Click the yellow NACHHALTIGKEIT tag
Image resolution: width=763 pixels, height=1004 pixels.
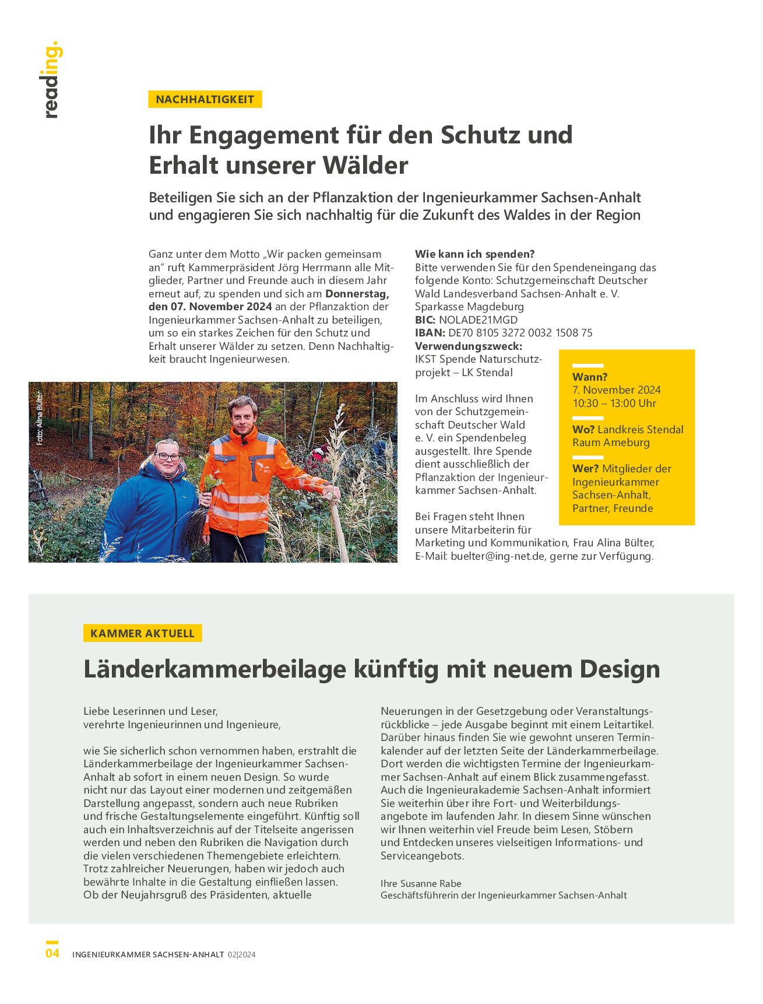[205, 99]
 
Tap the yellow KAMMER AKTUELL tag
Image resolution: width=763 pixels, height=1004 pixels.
[142, 633]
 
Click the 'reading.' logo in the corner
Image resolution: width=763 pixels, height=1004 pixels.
[51, 80]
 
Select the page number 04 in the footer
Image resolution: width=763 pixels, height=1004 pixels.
[52, 953]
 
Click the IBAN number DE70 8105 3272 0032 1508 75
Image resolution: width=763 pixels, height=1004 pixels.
[520, 333]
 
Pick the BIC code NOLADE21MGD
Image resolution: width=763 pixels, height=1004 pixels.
[478, 320]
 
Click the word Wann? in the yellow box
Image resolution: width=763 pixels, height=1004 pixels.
[590, 377]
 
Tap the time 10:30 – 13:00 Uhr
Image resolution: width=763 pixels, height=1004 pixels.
[614, 403]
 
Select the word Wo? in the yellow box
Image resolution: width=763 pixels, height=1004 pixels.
[583, 430]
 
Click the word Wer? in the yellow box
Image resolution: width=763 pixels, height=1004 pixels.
[585, 469]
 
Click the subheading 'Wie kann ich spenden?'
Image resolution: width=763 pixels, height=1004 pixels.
[474, 254]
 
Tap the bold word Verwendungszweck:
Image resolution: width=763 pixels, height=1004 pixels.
[469, 346]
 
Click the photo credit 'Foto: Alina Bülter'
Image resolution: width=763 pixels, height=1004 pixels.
[40, 418]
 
